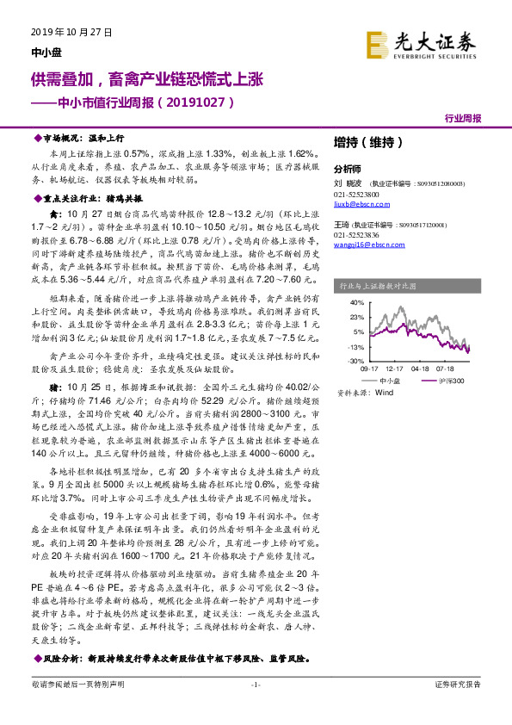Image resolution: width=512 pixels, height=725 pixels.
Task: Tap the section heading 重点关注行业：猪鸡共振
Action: tap(90, 198)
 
